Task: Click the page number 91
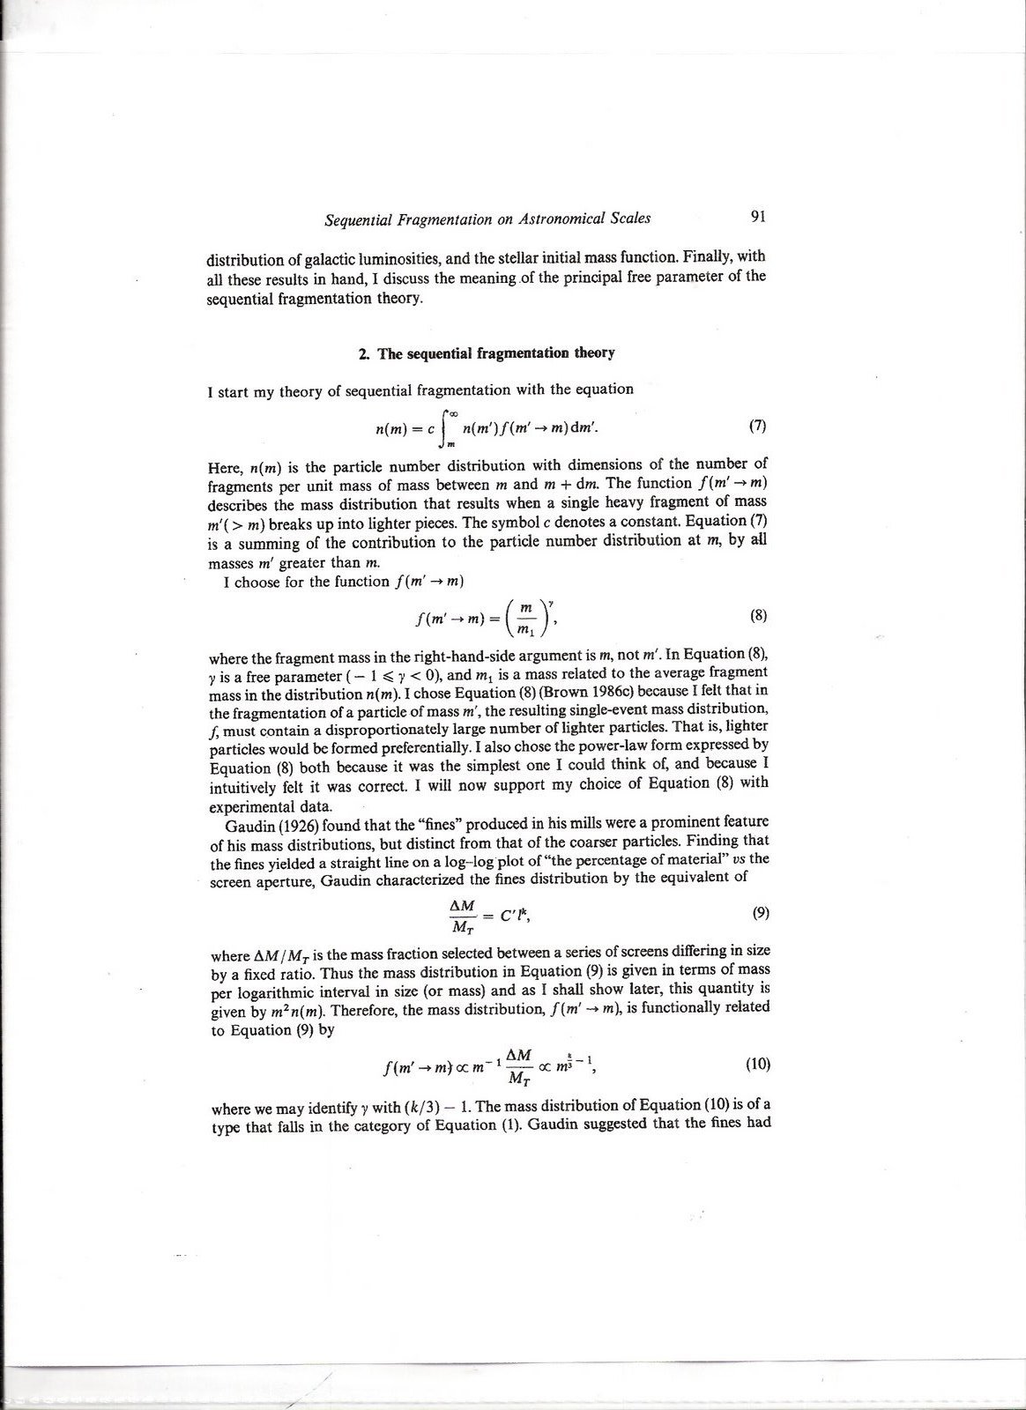tap(757, 216)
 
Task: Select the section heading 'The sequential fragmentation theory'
tap(495, 353)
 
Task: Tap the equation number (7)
tap(757, 427)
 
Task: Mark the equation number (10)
tap(758, 1064)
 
